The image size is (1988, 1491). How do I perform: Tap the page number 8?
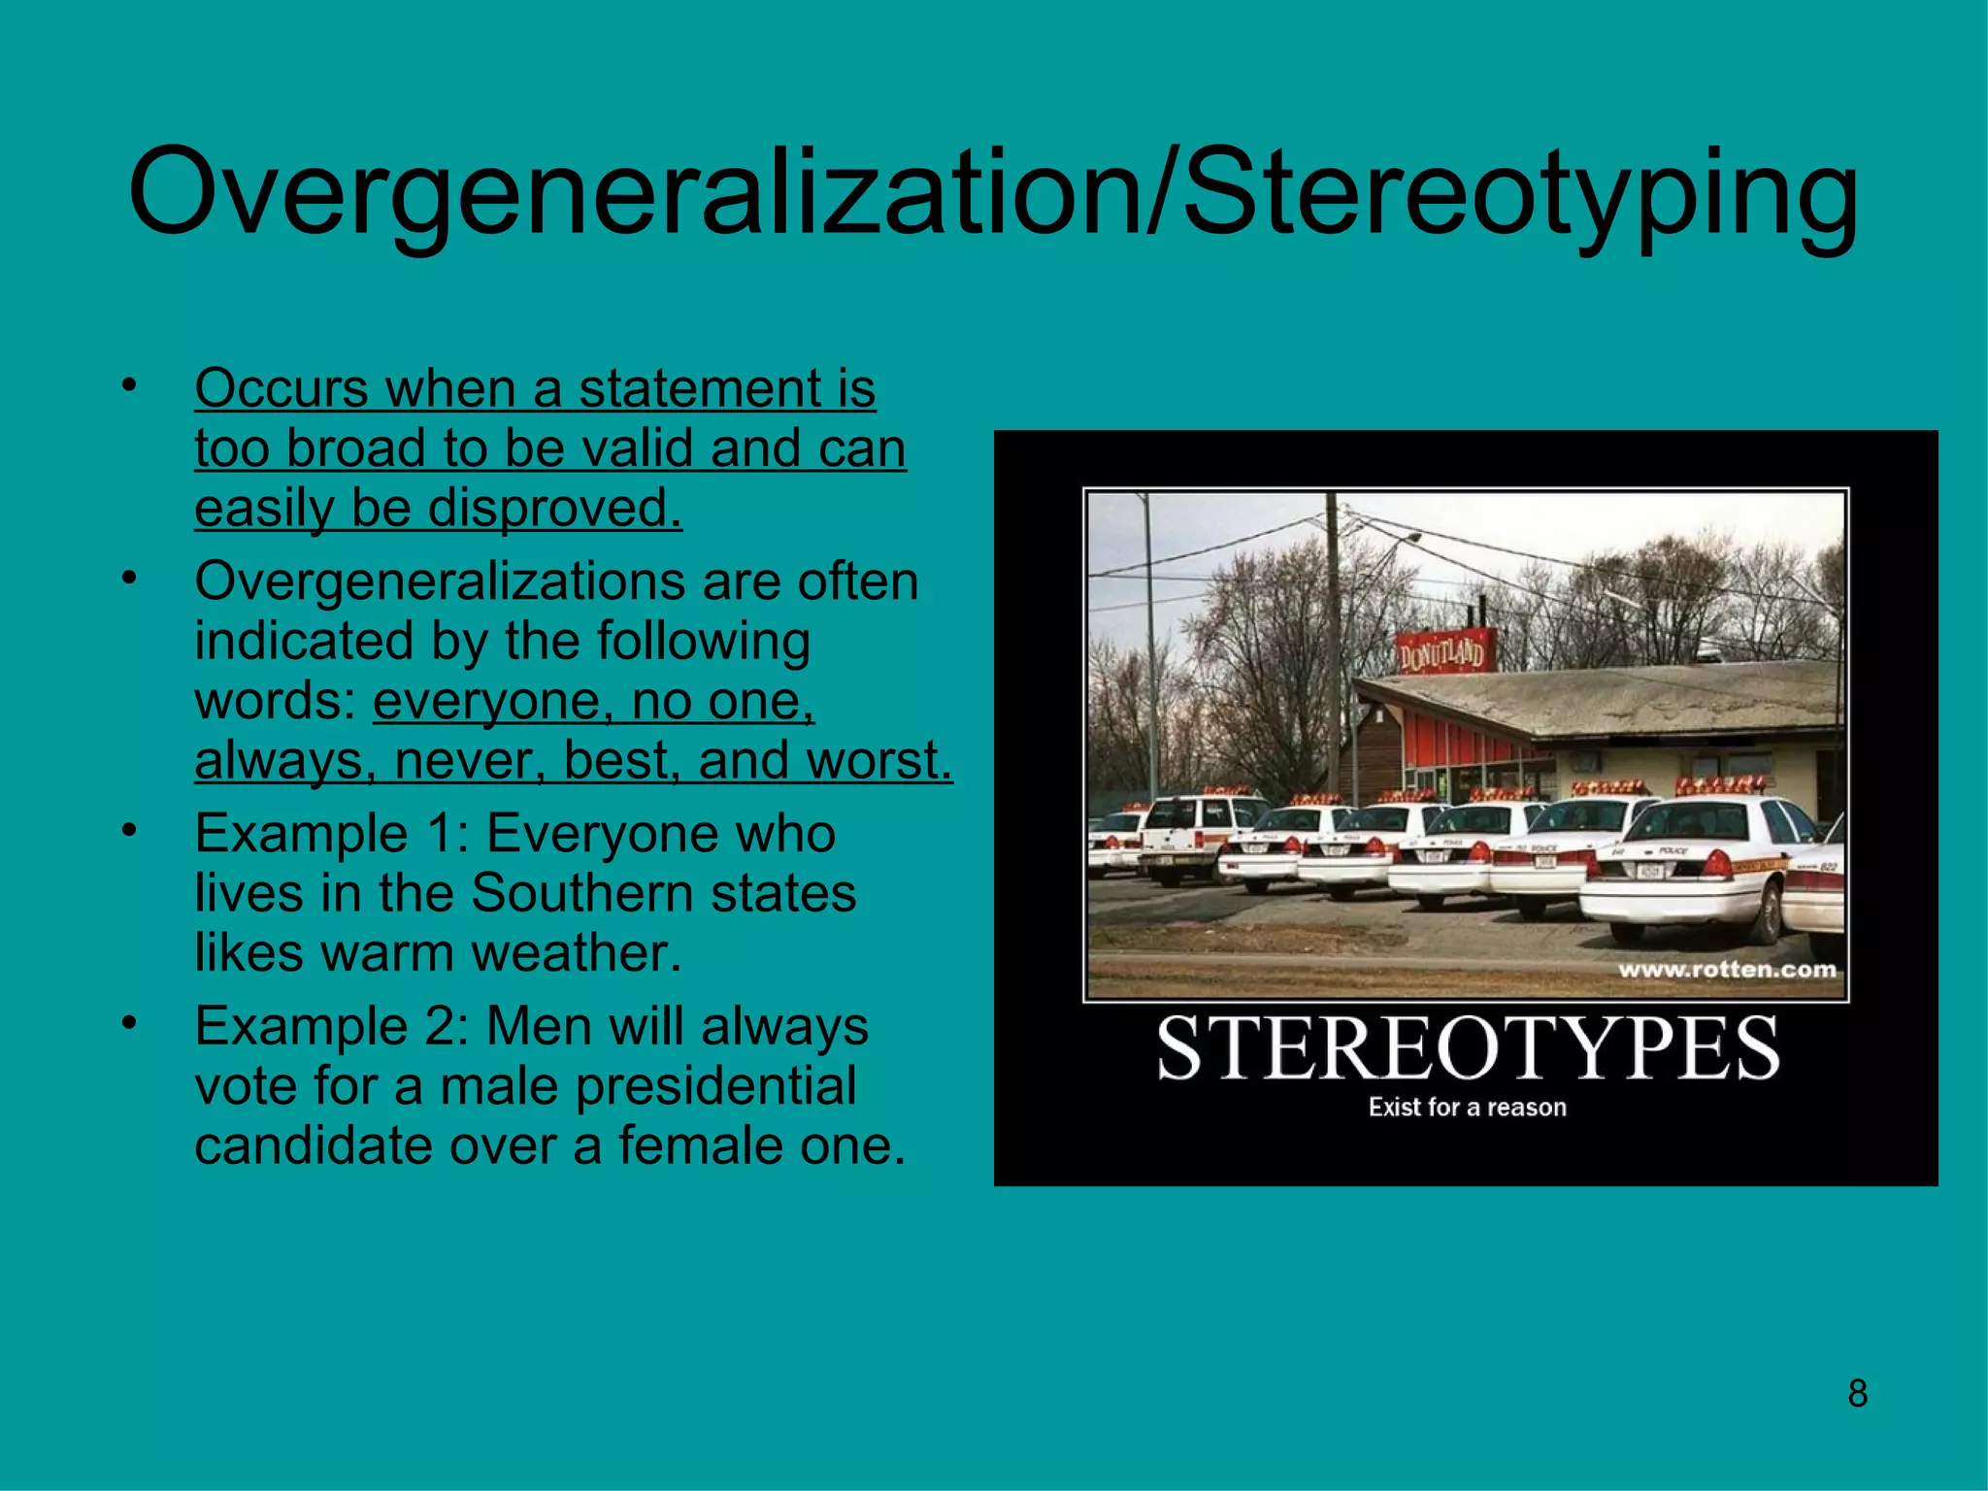pos(1857,1393)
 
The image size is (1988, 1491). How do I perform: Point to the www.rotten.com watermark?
pos(1727,969)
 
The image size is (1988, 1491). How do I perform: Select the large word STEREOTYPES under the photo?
pos(1467,1048)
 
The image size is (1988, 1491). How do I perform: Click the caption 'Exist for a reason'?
pos(1467,1108)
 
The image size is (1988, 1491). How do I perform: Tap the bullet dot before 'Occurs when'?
pos(129,386)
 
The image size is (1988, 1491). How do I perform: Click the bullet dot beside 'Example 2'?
pos(129,1024)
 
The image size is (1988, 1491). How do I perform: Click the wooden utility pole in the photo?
pos(1333,641)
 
